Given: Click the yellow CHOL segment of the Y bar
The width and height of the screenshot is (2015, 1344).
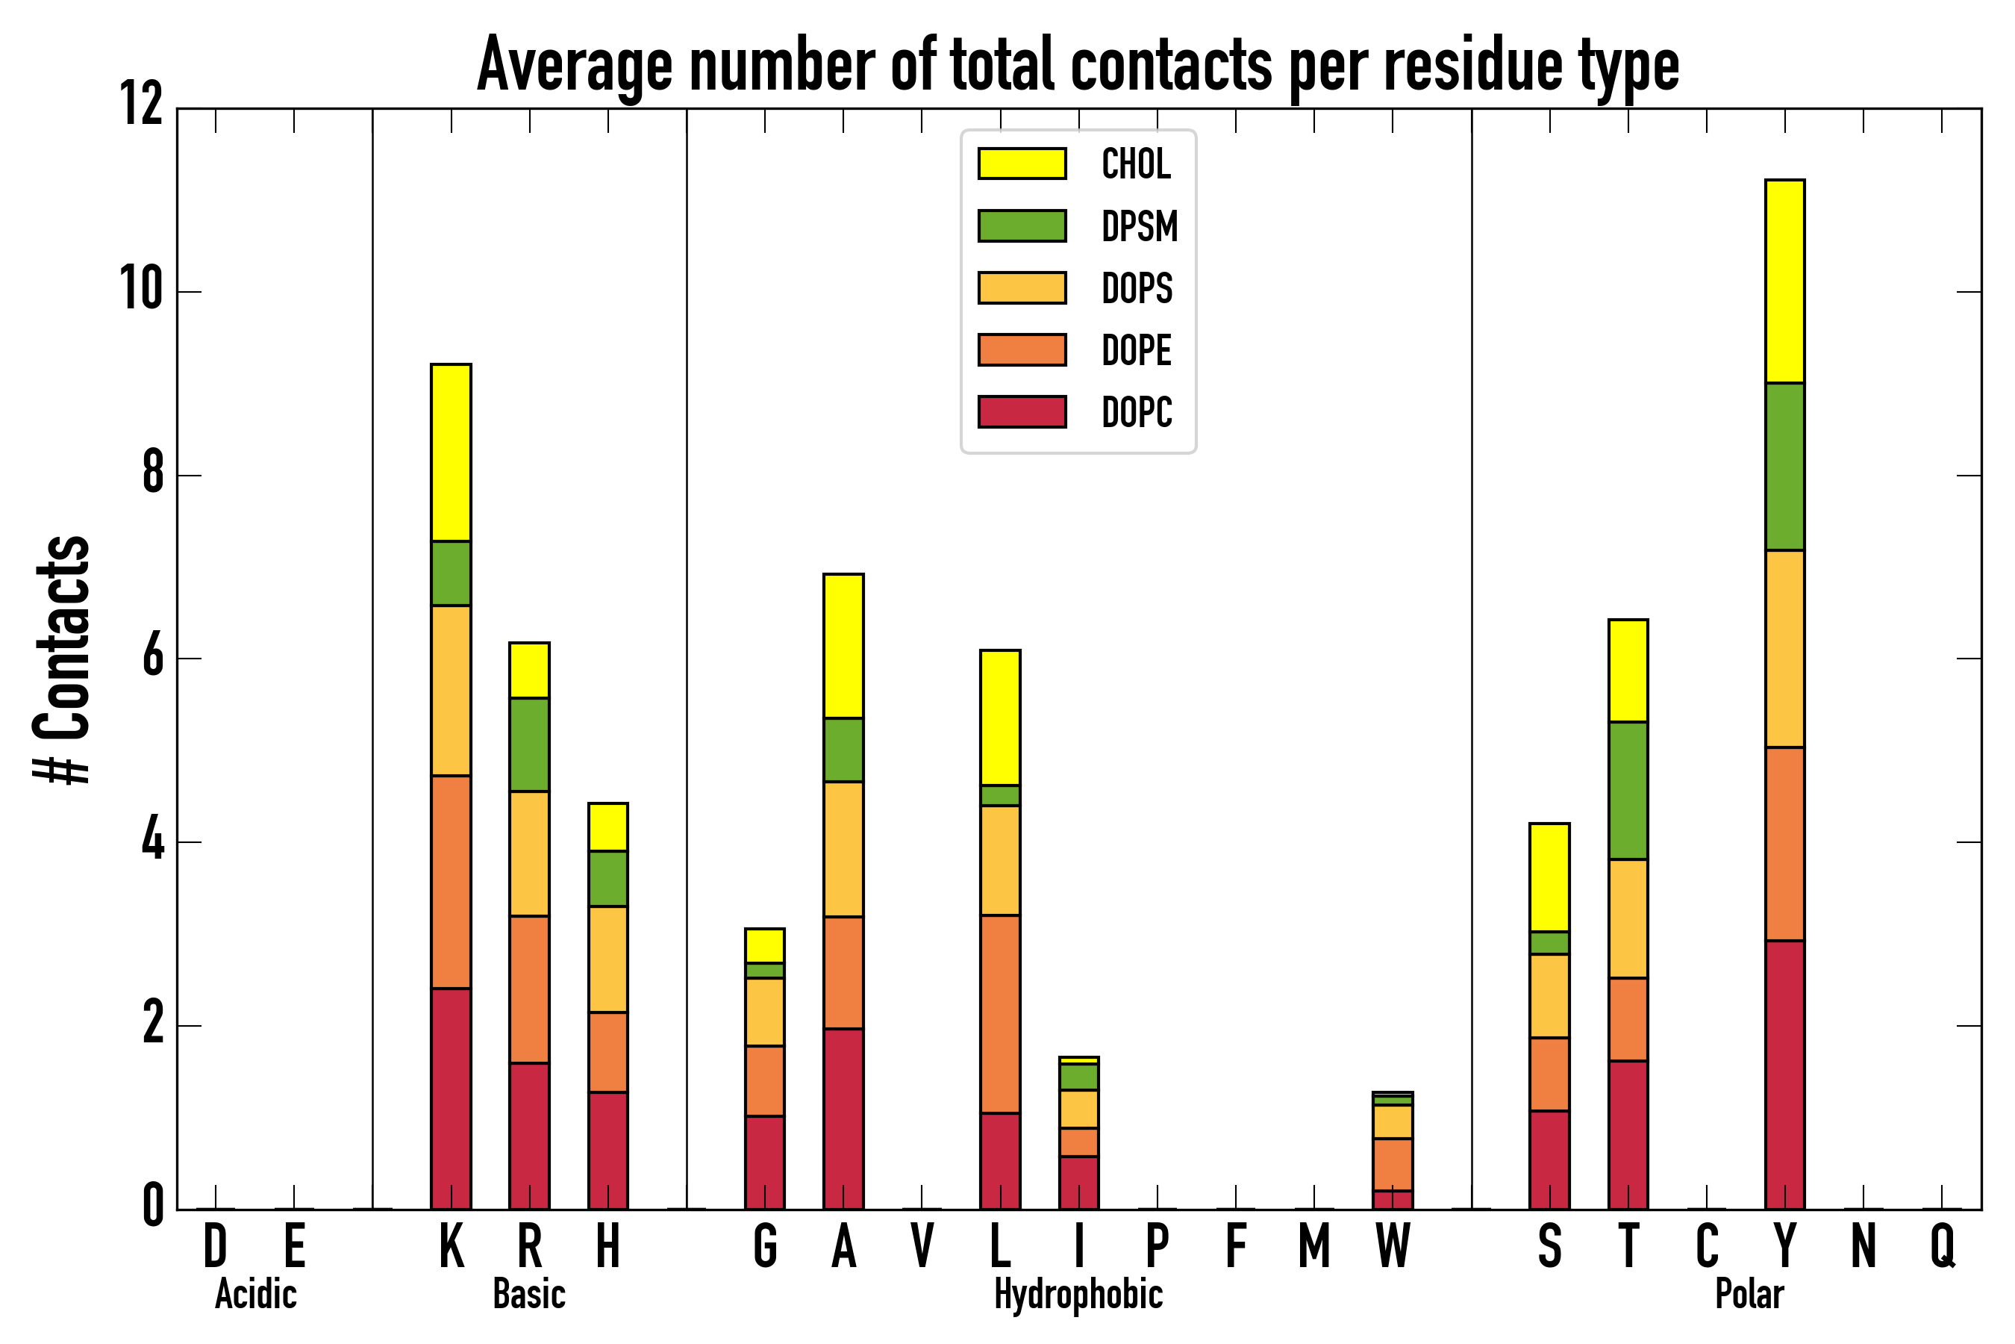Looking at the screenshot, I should pos(1784,281).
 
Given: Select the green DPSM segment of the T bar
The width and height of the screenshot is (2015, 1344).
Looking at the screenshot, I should pos(1628,790).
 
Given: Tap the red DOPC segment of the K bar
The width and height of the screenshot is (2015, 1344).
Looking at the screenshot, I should pos(451,1098).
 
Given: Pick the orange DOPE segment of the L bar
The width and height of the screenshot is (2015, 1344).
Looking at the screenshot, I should pos(1000,1014).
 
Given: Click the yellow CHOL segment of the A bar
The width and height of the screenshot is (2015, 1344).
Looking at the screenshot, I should pos(843,645).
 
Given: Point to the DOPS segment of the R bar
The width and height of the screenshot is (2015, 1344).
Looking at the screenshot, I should pos(529,853).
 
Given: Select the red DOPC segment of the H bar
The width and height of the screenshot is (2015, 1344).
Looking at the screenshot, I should pos(607,1151).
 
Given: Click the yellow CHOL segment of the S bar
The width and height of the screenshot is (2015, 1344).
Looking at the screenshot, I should pos(1549,877).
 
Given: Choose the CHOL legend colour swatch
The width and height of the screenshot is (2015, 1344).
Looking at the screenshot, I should pos(1022,164).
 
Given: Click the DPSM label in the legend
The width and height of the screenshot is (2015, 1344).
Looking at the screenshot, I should pos(1140,226).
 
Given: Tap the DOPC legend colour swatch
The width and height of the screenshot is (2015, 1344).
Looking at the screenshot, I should pos(1022,411).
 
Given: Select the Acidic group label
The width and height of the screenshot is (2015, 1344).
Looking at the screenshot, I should pos(255,1294).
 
